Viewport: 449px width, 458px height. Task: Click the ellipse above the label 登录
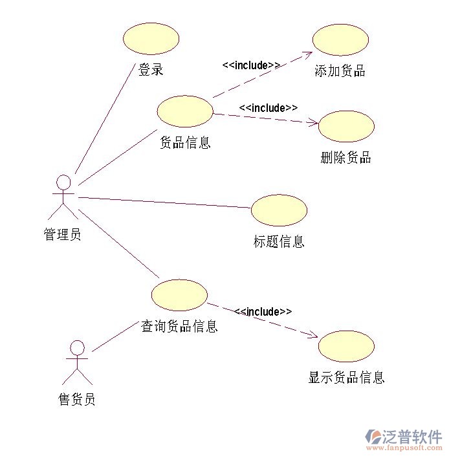tap(151, 38)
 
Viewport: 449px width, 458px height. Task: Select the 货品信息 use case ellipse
tap(185, 111)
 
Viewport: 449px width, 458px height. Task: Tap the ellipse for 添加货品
tap(340, 40)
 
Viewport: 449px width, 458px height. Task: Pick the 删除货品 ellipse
tap(346, 126)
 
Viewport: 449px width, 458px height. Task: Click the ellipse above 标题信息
tap(279, 210)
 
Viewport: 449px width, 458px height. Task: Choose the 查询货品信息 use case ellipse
tap(179, 295)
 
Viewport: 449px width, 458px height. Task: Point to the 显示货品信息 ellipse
tap(346, 346)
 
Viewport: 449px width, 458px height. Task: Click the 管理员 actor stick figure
tap(63, 197)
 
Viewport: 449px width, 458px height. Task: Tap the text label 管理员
tap(62, 234)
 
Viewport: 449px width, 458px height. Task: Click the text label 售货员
tap(77, 400)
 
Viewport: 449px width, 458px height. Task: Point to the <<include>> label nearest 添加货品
tap(251, 65)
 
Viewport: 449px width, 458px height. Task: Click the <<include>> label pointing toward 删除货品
tap(268, 108)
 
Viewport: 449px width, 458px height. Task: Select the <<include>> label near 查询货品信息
tap(263, 312)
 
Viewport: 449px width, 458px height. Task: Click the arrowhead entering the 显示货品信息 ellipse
tap(313, 335)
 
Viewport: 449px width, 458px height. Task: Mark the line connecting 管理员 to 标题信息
tap(165, 202)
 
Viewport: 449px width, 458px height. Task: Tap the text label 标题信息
tap(279, 242)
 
